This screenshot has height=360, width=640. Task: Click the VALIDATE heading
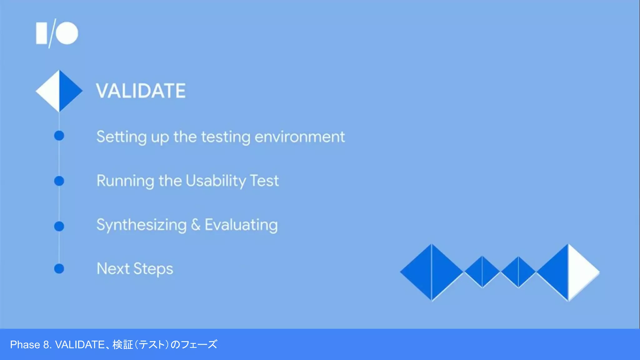141,91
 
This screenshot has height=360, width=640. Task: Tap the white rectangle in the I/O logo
41,33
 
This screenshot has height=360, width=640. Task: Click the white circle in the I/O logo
67,33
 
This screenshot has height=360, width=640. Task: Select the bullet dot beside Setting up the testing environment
59,136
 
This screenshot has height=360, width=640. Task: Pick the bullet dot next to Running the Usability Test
59,181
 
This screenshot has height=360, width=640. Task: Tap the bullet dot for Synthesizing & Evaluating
59,226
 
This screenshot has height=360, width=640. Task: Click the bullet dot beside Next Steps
59,268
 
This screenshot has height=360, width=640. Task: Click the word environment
299,137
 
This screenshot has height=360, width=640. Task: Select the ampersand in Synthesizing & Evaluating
196,225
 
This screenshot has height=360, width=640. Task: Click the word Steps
153,269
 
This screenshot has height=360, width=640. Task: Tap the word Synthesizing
141,225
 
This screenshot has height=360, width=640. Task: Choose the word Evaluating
241,225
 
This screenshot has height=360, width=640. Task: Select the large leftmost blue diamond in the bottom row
431,272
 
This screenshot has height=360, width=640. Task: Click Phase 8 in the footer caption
31,345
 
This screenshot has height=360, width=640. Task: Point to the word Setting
121,137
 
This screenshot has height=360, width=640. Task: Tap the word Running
125,181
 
